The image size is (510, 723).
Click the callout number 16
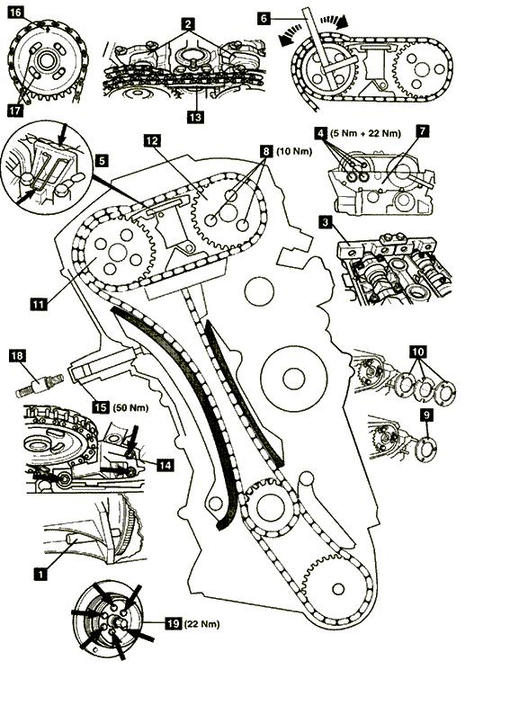(x=15, y=12)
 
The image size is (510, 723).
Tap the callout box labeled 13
(x=195, y=117)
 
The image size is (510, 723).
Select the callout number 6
(x=264, y=19)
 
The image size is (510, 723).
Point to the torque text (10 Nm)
(x=294, y=151)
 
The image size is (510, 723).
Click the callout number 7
(x=422, y=130)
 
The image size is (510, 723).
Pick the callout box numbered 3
(x=327, y=223)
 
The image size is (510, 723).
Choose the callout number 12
(x=152, y=140)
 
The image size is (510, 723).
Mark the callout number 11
(x=39, y=304)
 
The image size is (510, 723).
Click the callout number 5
(x=102, y=160)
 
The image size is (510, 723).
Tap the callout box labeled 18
(x=17, y=356)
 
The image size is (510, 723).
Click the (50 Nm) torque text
(x=131, y=407)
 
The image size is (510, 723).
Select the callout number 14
(x=166, y=465)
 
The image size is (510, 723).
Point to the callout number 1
(x=41, y=574)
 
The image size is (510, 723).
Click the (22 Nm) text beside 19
(x=202, y=624)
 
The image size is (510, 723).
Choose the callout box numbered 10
(x=418, y=353)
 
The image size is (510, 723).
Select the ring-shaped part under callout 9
(x=427, y=451)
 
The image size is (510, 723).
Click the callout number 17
(x=15, y=111)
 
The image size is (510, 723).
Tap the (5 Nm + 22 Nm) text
(x=365, y=133)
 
